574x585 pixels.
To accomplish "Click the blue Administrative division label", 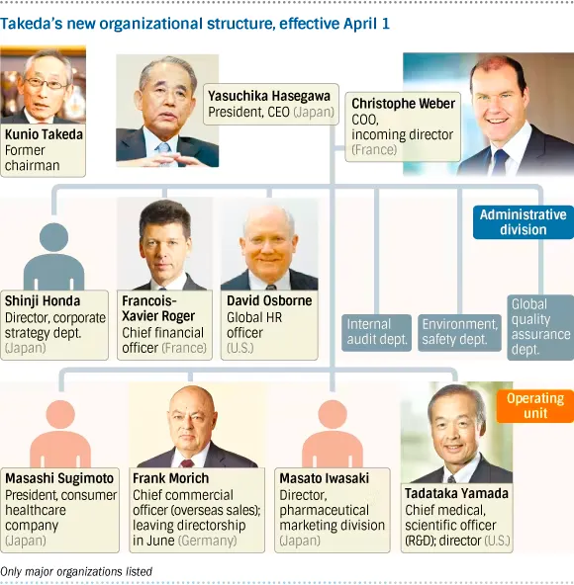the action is [524, 222].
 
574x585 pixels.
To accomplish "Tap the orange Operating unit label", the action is [535, 406].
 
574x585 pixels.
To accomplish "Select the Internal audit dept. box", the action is [376, 332].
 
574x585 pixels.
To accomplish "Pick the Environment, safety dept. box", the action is [459, 332].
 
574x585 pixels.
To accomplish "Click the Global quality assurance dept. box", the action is [540, 327].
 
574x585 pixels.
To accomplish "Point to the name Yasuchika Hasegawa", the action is [269, 96].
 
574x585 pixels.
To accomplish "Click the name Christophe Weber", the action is [403, 104].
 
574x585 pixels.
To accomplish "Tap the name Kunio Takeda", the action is [44, 134].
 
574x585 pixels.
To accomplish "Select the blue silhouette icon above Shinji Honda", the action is [53, 257].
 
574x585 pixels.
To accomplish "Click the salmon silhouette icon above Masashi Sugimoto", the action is [60, 434].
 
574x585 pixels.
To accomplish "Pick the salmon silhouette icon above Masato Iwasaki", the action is [333, 434].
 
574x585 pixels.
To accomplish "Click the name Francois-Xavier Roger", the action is [158, 308].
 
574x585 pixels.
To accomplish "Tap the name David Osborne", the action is [269, 300].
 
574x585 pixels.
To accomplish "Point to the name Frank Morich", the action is [171, 478].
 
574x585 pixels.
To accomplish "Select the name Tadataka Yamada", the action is [456, 494].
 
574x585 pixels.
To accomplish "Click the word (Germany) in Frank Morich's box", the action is [208, 541].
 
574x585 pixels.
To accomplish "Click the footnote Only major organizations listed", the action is [76, 571].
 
